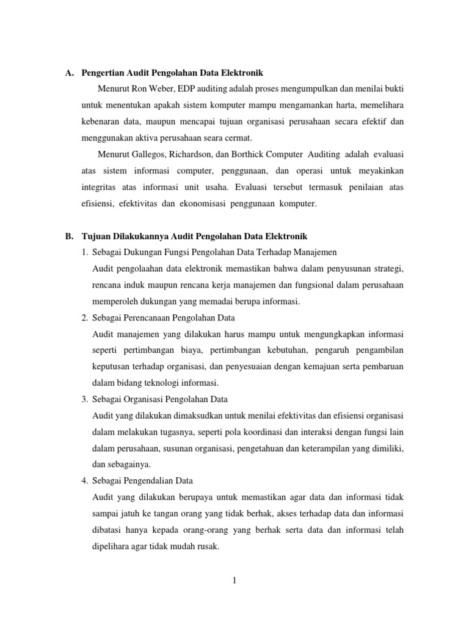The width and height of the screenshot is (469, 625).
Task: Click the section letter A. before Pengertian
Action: (x=70, y=73)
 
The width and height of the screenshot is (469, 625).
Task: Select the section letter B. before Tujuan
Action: (x=70, y=236)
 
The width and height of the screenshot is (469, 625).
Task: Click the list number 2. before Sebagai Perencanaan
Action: (x=85, y=319)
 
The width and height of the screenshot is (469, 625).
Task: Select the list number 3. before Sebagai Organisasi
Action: (x=85, y=399)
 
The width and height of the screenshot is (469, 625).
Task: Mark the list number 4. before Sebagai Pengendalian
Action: (x=85, y=464)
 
